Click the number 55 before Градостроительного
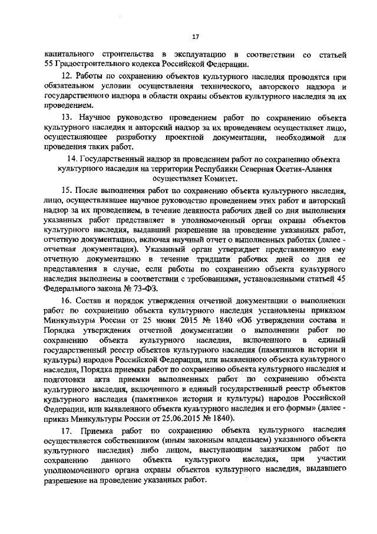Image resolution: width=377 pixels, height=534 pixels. (49, 64)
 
